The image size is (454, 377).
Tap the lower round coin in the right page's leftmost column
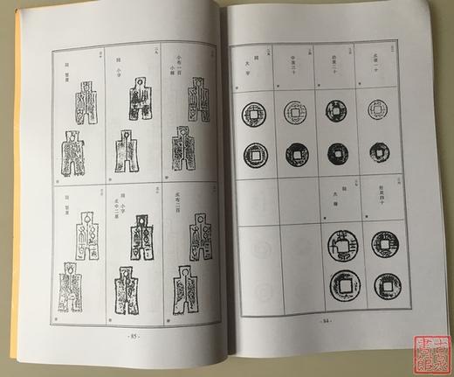(255, 155)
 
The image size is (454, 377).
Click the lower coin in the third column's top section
(338, 153)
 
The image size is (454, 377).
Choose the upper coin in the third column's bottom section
(340, 246)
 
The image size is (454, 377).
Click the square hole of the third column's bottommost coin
(340, 284)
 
